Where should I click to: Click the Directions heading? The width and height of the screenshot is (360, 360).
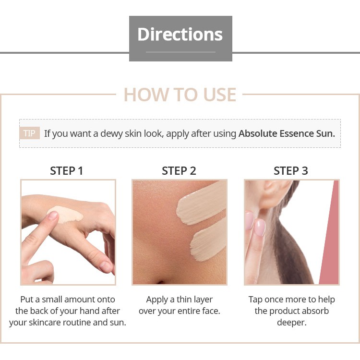click(180, 34)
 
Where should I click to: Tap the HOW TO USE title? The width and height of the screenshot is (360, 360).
click(180, 95)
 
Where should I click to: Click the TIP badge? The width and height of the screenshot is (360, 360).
click(29, 133)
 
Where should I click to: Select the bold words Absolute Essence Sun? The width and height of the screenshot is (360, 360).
click(287, 133)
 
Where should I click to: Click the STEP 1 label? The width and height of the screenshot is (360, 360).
click(67, 171)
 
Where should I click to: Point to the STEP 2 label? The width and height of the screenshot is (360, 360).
click(179, 171)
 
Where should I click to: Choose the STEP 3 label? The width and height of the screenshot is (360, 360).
click(291, 171)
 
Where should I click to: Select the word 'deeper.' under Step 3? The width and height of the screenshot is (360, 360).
click(292, 323)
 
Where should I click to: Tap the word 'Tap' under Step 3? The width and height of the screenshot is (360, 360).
click(255, 300)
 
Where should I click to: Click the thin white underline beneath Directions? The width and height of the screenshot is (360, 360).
click(180, 52)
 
